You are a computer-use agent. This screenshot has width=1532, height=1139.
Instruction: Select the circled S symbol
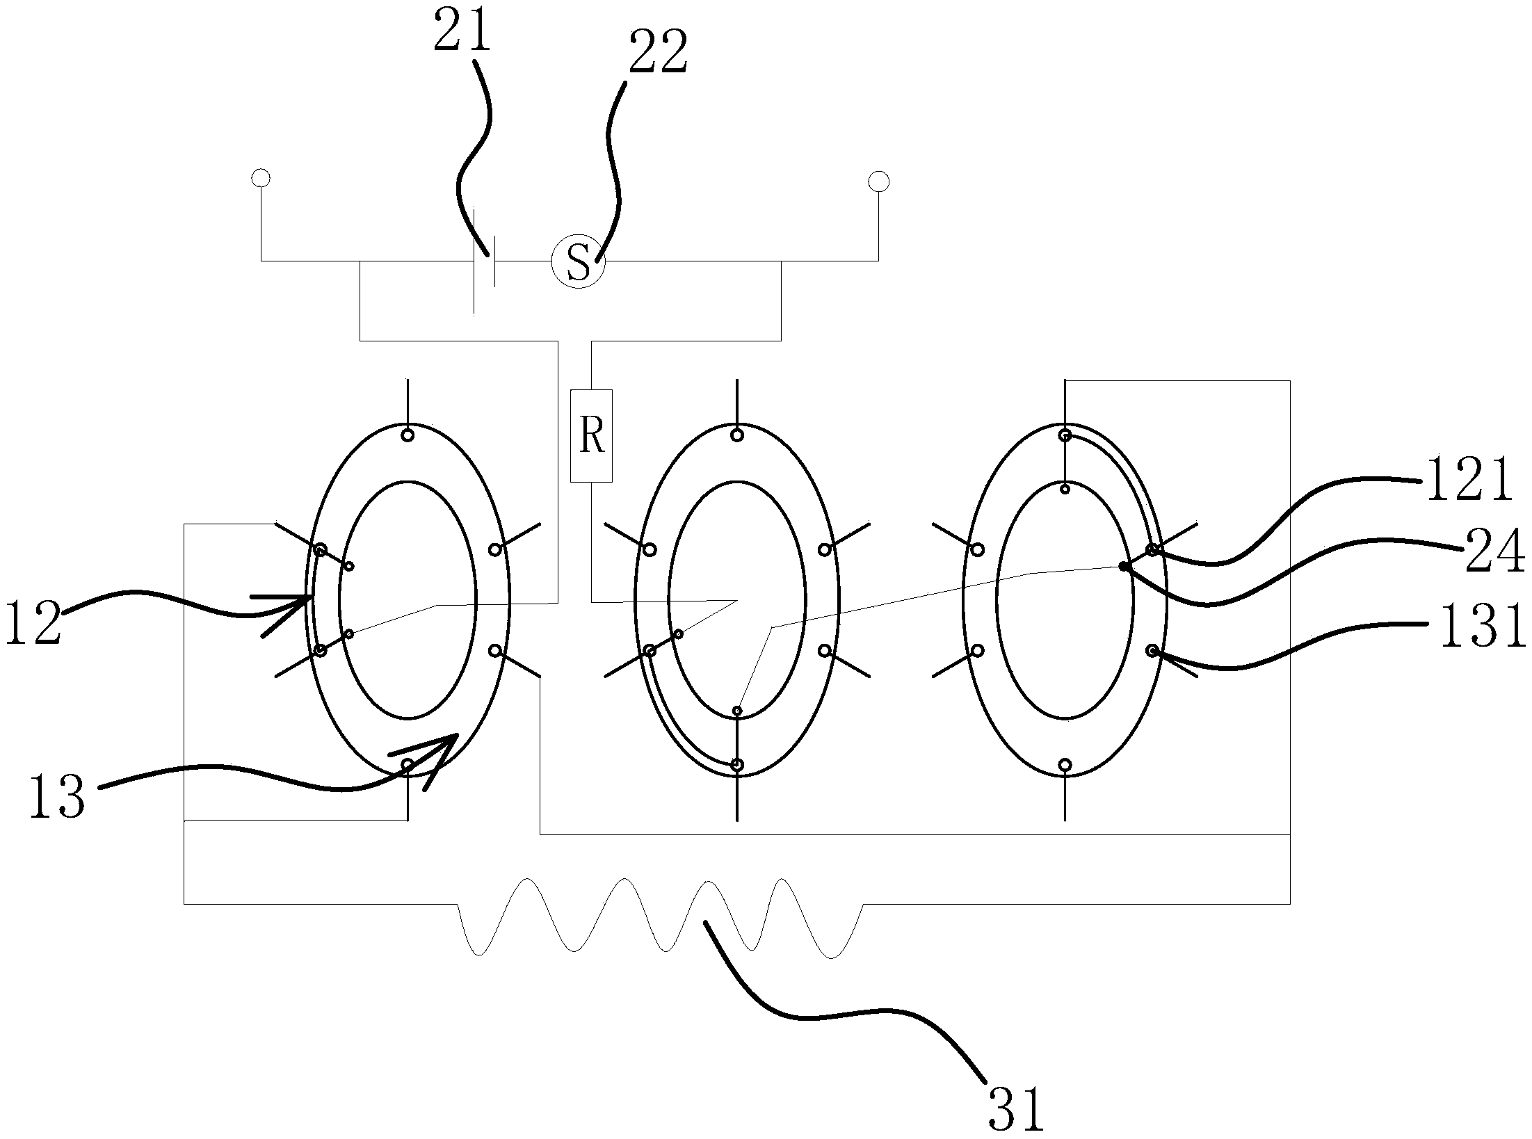(579, 261)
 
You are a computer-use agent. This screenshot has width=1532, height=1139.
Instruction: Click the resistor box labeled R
(591, 435)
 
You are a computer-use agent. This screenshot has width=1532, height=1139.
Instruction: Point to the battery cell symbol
(484, 261)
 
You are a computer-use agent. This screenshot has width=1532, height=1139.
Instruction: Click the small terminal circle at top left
(261, 178)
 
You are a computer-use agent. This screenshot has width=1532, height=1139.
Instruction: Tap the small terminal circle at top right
(878, 182)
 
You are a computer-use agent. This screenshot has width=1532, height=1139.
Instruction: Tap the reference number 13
(57, 797)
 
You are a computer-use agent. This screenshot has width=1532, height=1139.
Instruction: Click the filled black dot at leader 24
(1123, 567)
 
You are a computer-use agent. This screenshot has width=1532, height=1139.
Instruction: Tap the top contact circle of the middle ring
(737, 435)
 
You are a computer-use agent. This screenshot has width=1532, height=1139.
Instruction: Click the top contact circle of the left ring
(408, 435)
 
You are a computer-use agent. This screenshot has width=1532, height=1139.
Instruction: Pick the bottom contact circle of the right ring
(1065, 765)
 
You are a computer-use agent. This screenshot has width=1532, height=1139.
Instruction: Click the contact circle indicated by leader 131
(1152, 651)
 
